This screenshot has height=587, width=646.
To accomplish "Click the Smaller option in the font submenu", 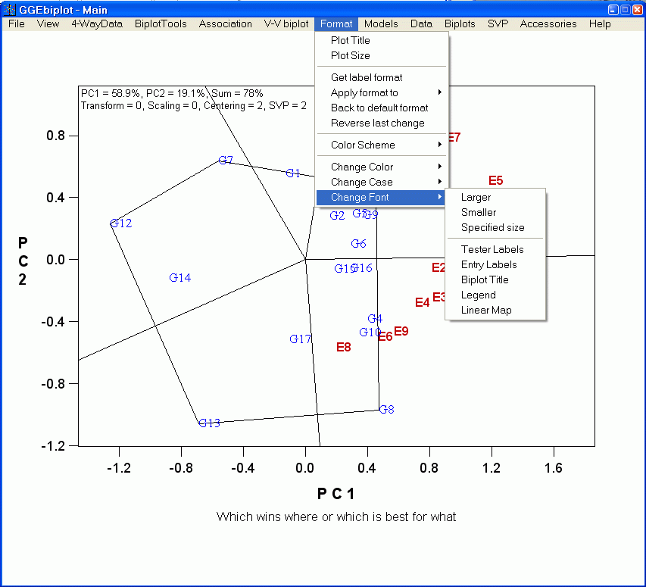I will coord(479,213).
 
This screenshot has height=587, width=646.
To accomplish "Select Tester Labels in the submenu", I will coord(492,250).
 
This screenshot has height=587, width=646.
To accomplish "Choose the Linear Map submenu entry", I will coord(486,311).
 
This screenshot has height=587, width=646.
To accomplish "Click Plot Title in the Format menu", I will coord(351,41).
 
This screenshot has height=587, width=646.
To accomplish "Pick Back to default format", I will coord(379,108).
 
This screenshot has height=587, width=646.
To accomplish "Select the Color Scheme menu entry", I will coord(363,145).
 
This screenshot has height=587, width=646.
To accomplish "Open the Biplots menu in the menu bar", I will coord(460,24).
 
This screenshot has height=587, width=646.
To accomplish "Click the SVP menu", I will coord(498,24).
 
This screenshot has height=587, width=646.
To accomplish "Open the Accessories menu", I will coord(548,24).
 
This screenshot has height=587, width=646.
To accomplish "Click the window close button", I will coord(637,10).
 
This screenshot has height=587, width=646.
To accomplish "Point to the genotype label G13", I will coord(209,423).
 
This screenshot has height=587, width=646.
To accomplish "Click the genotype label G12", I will coord(121,223).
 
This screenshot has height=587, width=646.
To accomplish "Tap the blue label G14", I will coord(180,278).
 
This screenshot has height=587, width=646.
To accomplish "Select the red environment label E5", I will coord(496,181).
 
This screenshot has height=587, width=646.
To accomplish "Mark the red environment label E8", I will coord(344,348).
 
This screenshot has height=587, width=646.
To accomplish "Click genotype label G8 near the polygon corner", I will coord(386,410).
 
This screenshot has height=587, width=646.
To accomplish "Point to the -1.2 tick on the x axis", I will coord(119,469).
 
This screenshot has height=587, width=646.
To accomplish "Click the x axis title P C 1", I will coord(335,495).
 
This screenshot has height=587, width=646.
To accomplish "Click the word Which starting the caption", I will coord(232,517).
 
